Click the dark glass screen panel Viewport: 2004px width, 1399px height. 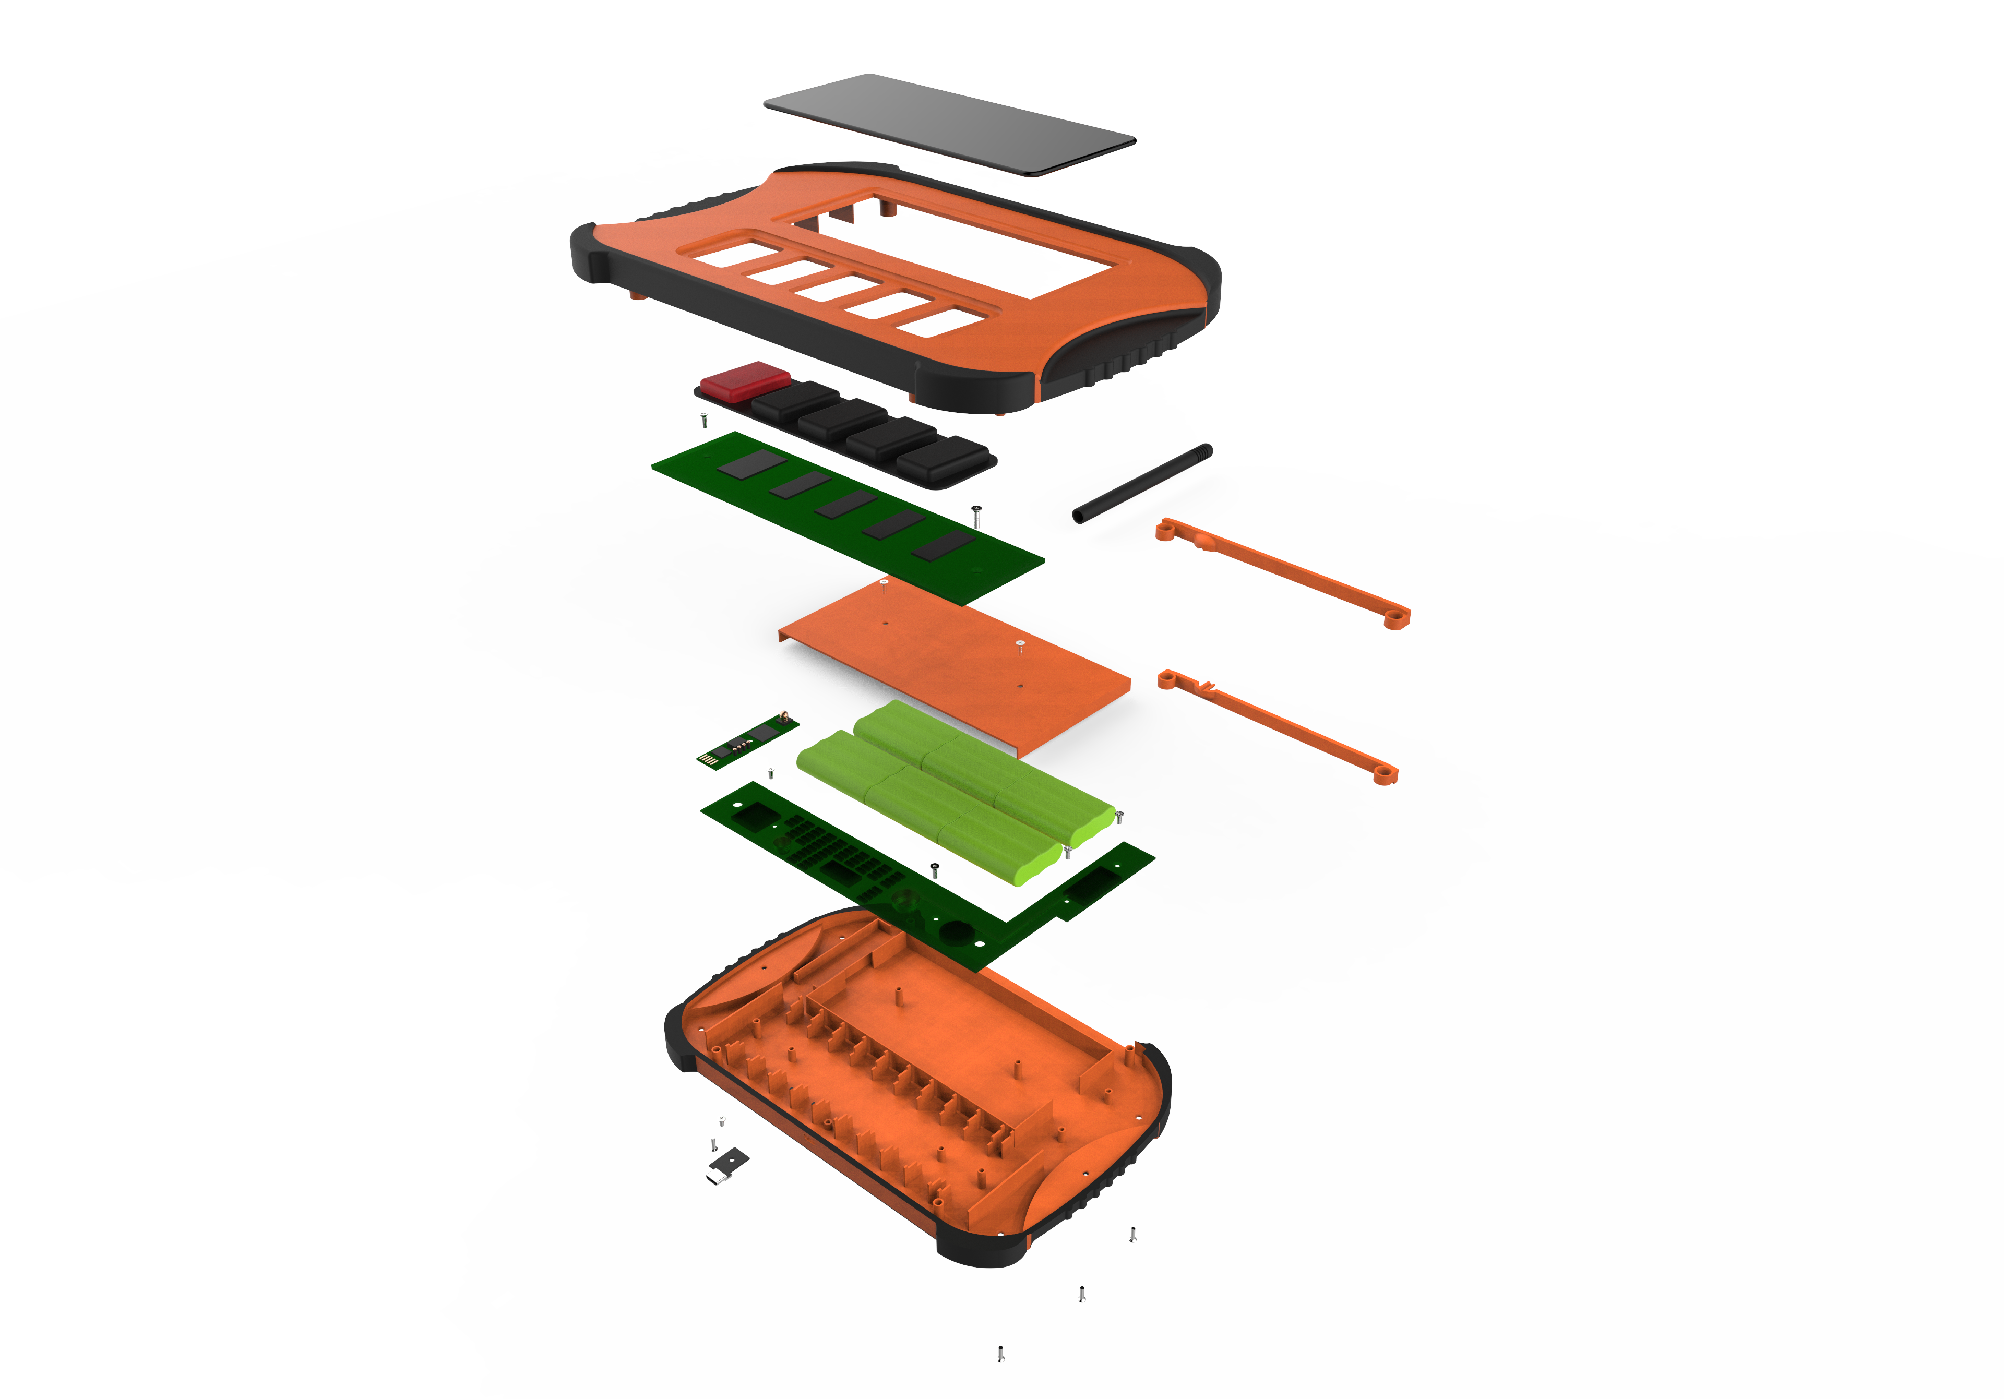coord(950,122)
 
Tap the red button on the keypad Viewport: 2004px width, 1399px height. coord(745,380)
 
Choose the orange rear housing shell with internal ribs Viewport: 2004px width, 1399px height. coord(916,1091)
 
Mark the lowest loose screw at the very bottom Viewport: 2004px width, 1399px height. coord(1000,1353)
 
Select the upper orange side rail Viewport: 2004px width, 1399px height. coord(1283,571)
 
